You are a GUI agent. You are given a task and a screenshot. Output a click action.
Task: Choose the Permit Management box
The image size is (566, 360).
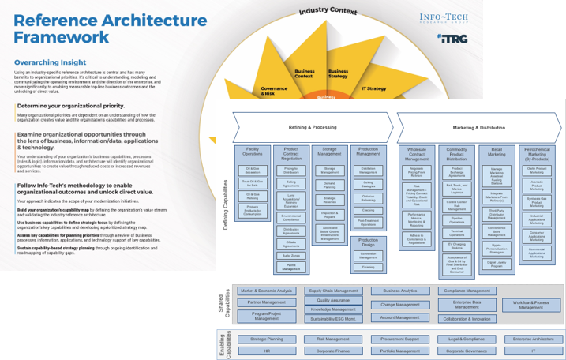pyautogui.click(x=291, y=268)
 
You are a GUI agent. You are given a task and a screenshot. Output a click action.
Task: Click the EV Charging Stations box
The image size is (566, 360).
pyautogui.click(x=456, y=246)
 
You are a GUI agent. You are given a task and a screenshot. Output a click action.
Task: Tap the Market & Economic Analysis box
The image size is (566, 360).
pyautogui.click(x=266, y=291)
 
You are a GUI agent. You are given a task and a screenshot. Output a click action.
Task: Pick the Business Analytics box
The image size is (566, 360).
pyautogui.click(x=400, y=291)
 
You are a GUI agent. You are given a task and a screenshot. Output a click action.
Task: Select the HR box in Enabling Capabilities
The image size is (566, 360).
pyautogui.click(x=266, y=350)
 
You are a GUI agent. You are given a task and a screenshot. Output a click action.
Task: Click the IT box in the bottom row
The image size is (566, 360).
pyautogui.click(x=533, y=350)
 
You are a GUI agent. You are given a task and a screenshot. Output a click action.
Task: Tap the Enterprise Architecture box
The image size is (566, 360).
pyautogui.click(x=533, y=339)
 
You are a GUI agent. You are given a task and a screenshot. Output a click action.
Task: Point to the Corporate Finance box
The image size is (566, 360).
pyautogui.click(x=333, y=350)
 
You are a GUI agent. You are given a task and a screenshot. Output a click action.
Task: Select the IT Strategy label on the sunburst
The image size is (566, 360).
pyautogui.click(x=374, y=88)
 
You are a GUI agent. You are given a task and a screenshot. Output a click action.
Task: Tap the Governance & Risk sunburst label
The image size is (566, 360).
pyautogui.click(x=274, y=90)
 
